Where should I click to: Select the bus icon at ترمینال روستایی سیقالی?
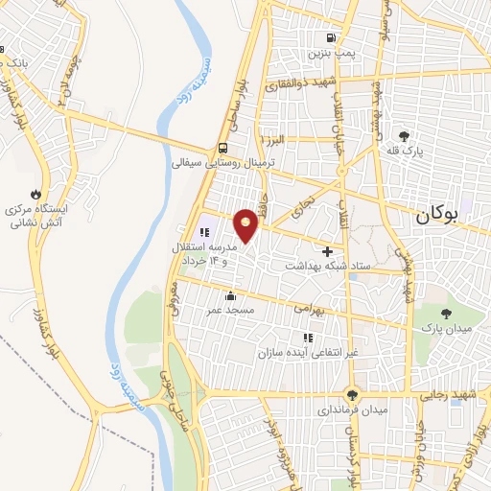(x=222, y=148)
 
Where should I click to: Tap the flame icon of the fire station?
(x=36, y=192)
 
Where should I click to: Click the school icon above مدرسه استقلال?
(x=204, y=232)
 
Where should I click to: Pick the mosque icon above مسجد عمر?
(x=230, y=295)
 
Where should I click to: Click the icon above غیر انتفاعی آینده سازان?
(x=308, y=338)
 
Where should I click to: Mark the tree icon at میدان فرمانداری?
(x=353, y=394)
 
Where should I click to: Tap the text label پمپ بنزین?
(x=326, y=53)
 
